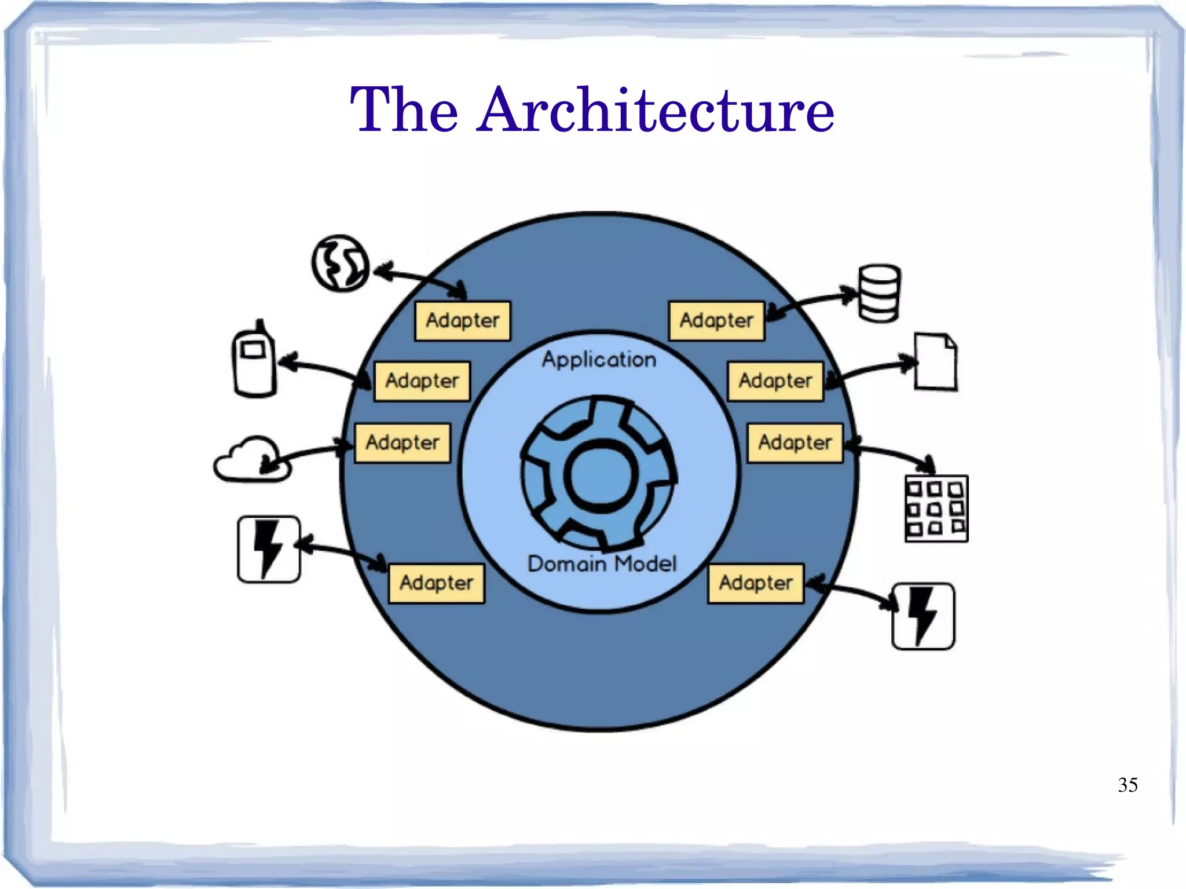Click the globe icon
pos(341,263)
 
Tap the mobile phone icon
pos(254,359)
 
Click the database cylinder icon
pos(879,293)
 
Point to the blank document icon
pos(935,361)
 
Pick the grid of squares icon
pos(936,508)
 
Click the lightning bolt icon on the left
pos(269,549)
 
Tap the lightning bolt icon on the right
pos(923,616)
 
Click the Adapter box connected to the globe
pos(463,321)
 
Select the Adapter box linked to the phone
pos(422,381)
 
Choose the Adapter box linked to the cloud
pos(402,443)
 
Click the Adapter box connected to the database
pos(716,321)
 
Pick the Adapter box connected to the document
pos(775,381)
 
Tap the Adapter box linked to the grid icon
pos(795,443)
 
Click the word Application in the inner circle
pos(599,360)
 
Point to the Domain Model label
pos(602,564)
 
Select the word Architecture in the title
pos(656,109)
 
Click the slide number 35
pos(1128,785)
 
